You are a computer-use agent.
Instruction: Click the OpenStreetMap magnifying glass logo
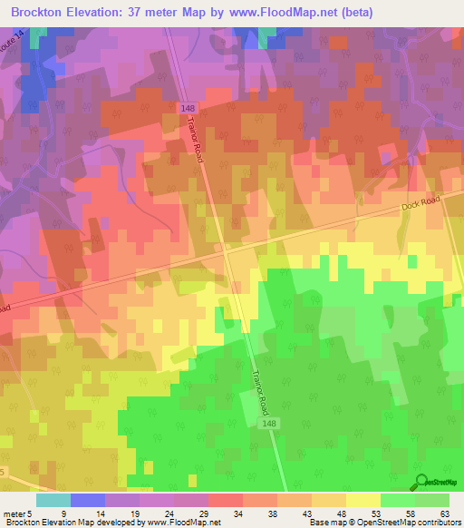(x=420, y=482)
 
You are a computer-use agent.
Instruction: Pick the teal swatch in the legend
(x=53, y=500)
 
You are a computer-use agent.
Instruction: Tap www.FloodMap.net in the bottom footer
(x=181, y=523)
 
